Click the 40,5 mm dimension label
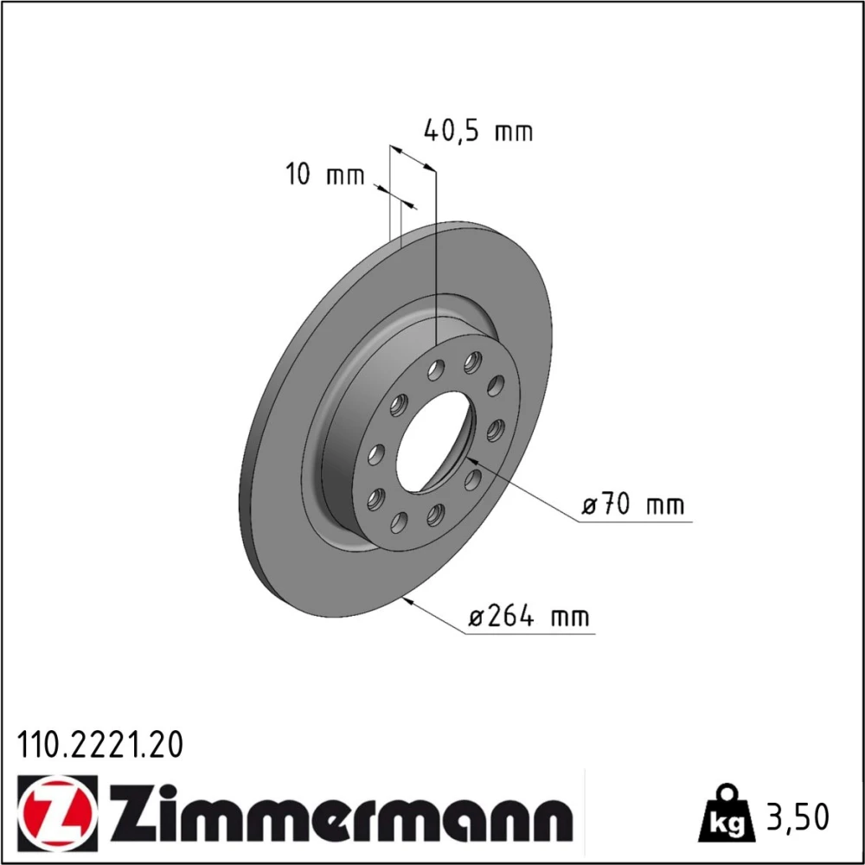click(x=478, y=131)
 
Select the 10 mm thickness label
click(x=325, y=175)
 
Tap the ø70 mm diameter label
click(x=633, y=504)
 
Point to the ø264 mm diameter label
click(x=529, y=616)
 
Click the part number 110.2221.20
click(x=99, y=746)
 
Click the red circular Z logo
click(x=57, y=814)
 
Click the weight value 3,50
click(x=798, y=817)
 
